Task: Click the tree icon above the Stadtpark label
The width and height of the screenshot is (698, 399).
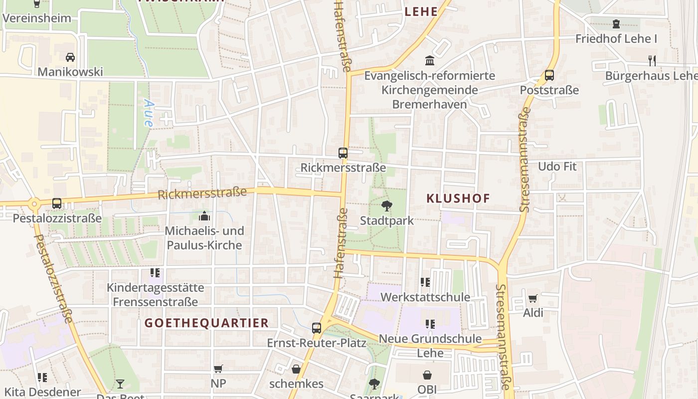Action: click(x=386, y=205)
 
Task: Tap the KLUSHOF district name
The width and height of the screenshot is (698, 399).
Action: click(x=458, y=198)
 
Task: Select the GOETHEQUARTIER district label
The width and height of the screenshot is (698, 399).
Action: click(x=206, y=323)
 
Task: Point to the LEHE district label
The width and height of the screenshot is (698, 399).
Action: click(x=421, y=12)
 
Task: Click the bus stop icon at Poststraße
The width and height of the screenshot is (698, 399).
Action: click(x=549, y=75)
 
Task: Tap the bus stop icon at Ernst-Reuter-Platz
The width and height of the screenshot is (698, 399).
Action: click(x=317, y=328)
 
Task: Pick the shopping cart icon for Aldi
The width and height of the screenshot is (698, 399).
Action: click(x=533, y=298)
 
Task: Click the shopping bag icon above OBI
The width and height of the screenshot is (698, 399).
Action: click(x=427, y=375)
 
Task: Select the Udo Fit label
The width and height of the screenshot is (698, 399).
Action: click(x=557, y=166)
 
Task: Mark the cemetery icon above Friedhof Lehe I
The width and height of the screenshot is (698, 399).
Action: click(x=616, y=23)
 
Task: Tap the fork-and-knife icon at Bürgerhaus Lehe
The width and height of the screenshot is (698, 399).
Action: click(x=652, y=60)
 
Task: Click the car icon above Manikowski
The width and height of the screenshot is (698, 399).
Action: click(x=70, y=57)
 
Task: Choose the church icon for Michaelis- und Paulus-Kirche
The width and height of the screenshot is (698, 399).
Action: click(x=204, y=216)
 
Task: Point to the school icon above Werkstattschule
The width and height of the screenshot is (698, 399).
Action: click(x=425, y=282)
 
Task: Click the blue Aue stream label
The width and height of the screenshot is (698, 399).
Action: click(x=149, y=113)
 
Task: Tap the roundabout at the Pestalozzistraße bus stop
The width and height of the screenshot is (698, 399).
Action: click(x=34, y=203)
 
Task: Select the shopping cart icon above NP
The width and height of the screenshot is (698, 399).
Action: click(x=218, y=369)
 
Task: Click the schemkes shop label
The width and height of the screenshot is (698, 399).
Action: click(x=296, y=384)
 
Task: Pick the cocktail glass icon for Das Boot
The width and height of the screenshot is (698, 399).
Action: click(x=120, y=384)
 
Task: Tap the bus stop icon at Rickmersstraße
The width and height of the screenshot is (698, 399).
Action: click(x=343, y=153)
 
